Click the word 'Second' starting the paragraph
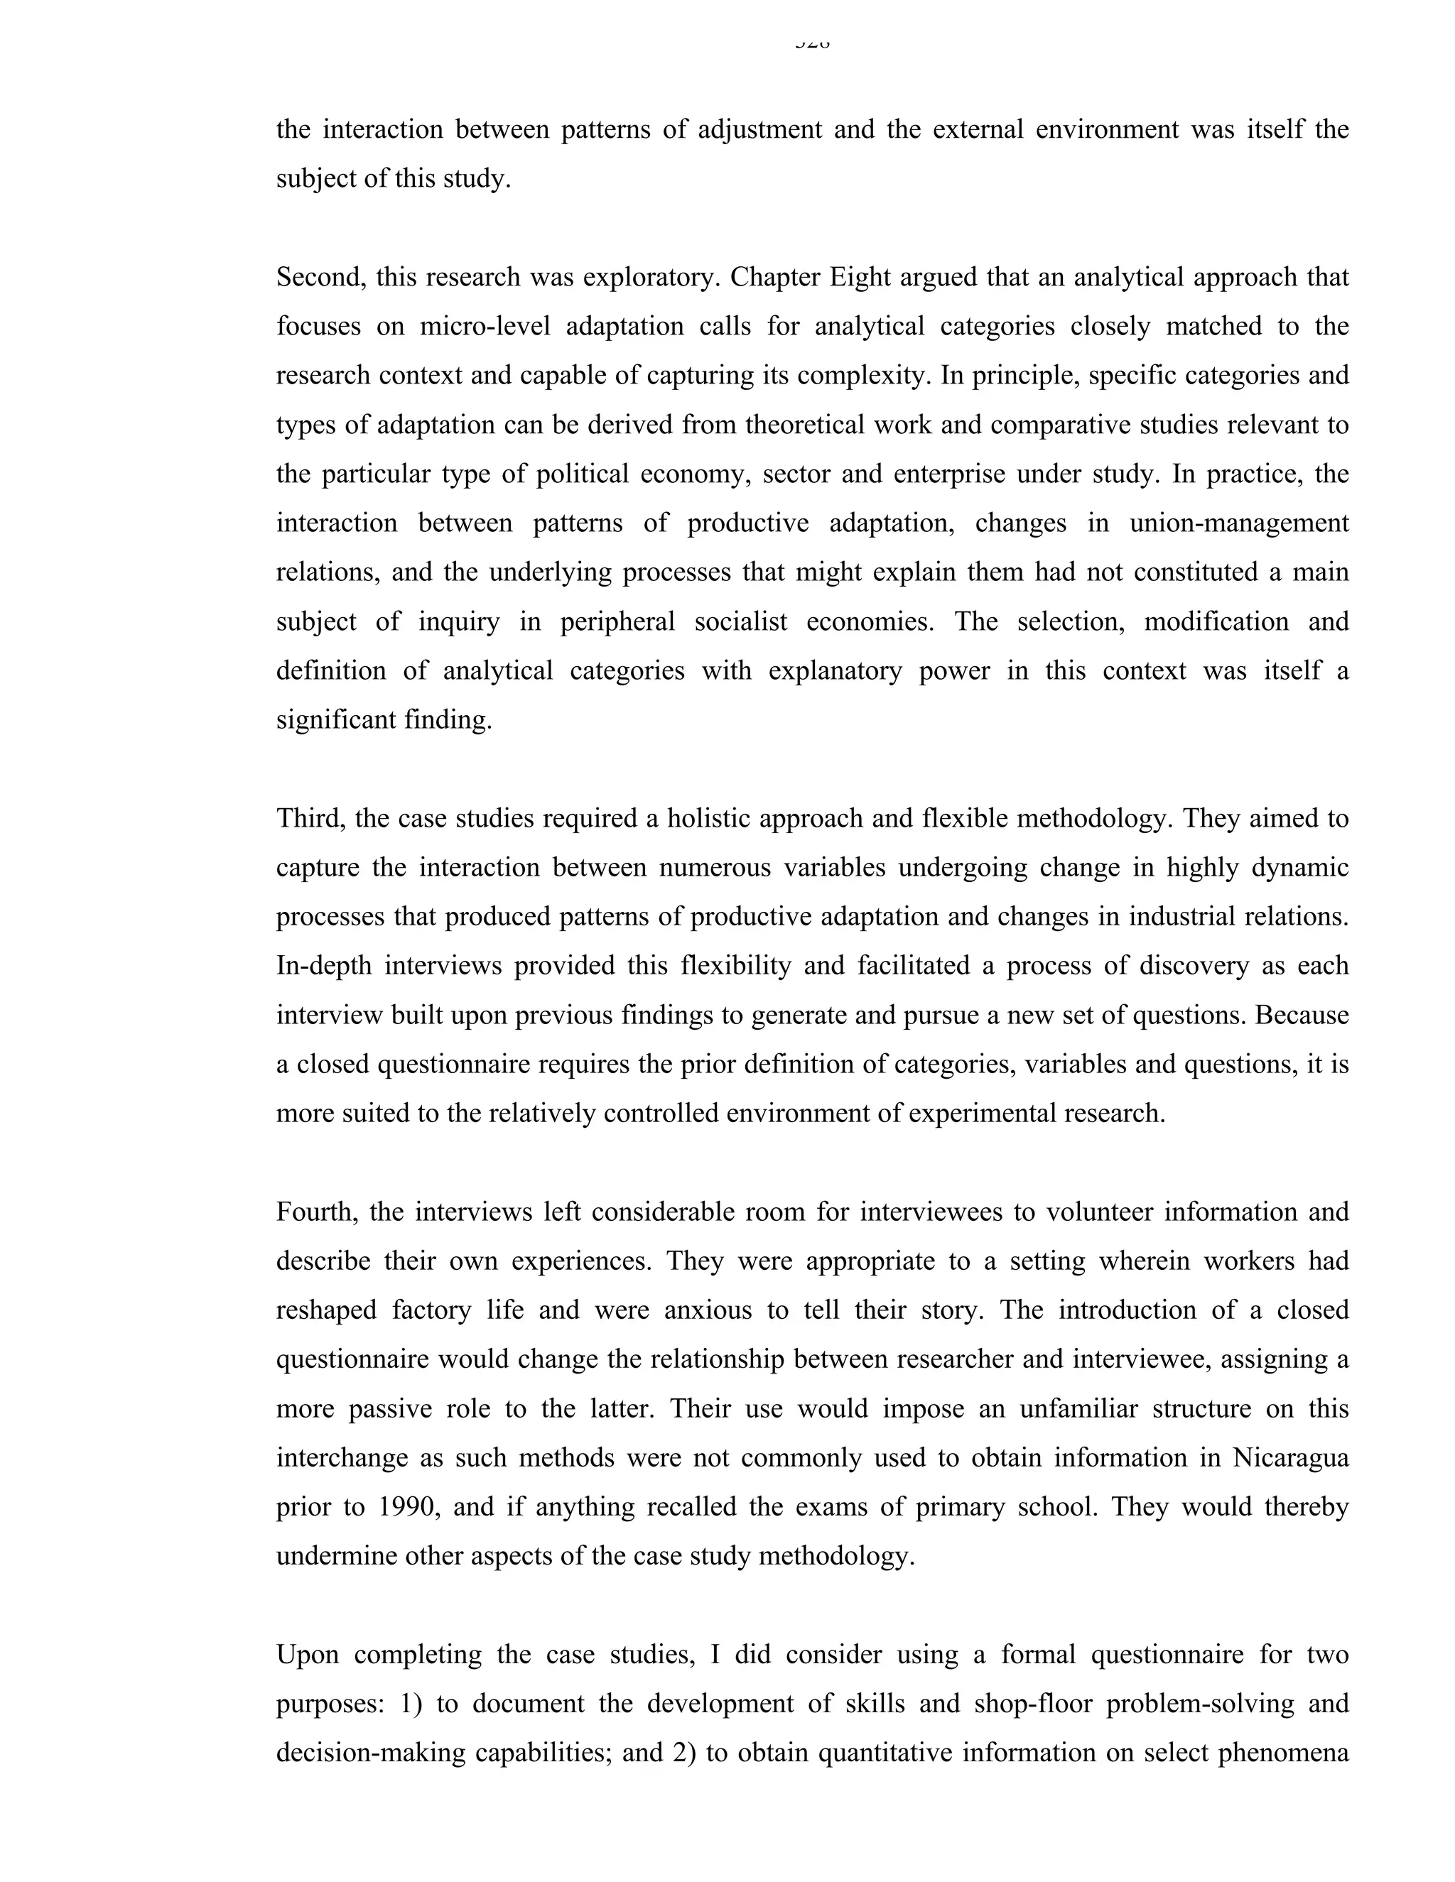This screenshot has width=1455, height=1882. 313,278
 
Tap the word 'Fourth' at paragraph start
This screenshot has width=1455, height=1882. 315,1212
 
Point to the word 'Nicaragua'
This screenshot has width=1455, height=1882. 1290,1458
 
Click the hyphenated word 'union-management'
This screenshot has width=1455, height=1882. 1238,523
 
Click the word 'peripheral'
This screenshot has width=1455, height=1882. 617,621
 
